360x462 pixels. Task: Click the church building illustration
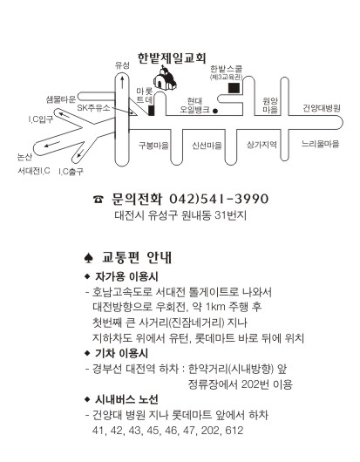click(x=165, y=78)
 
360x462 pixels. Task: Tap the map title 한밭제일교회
click(x=172, y=58)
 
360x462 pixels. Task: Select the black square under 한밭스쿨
click(x=234, y=88)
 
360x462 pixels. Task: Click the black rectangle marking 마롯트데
click(x=152, y=110)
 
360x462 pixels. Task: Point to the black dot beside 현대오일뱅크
click(x=215, y=111)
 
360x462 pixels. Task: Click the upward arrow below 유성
click(x=122, y=83)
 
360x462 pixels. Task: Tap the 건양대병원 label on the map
click(x=322, y=108)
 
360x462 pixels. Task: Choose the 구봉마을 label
click(x=153, y=146)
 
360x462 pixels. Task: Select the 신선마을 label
click(x=207, y=146)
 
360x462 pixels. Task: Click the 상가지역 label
click(x=262, y=145)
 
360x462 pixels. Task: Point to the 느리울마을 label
click(x=320, y=144)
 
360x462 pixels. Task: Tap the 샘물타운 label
click(x=61, y=99)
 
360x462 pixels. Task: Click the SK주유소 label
click(x=93, y=108)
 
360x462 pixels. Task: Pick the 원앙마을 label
click(x=270, y=105)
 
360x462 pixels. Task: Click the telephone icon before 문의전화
click(x=98, y=200)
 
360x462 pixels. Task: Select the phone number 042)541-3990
click(x=219, y=199)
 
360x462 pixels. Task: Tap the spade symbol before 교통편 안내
click(x=88, y=258)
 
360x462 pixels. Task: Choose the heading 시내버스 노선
click(x=126, y=399)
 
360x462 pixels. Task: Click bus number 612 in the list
click(x=234, y=431)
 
